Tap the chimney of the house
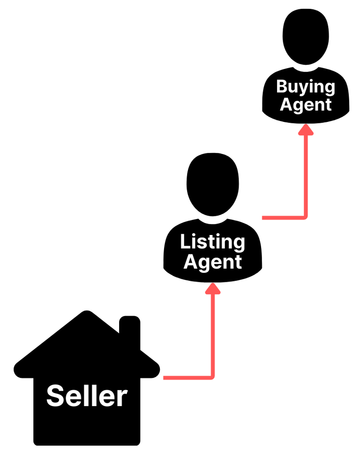click(x=130, y=331)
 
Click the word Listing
click(x=212, y=242)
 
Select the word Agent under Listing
click(x=212, y=262)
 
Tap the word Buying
click(x=306, y=87)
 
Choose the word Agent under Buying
click(x=306, y=105)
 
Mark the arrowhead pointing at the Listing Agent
click(x=213, y=288)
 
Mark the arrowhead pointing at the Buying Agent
click(x=306, y=129)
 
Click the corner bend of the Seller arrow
click(x=212, y=376)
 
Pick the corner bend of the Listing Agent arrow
click(x=305, y=217)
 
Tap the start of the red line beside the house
click(x=165, y=377)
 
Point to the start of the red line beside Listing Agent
click(x=264, y=218)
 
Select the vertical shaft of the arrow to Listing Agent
click(x=213, y=333)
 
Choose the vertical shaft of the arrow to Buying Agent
click(x=306, y=174)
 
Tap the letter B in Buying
click(x=282, y=87)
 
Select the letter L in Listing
click(x=184, y=242)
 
